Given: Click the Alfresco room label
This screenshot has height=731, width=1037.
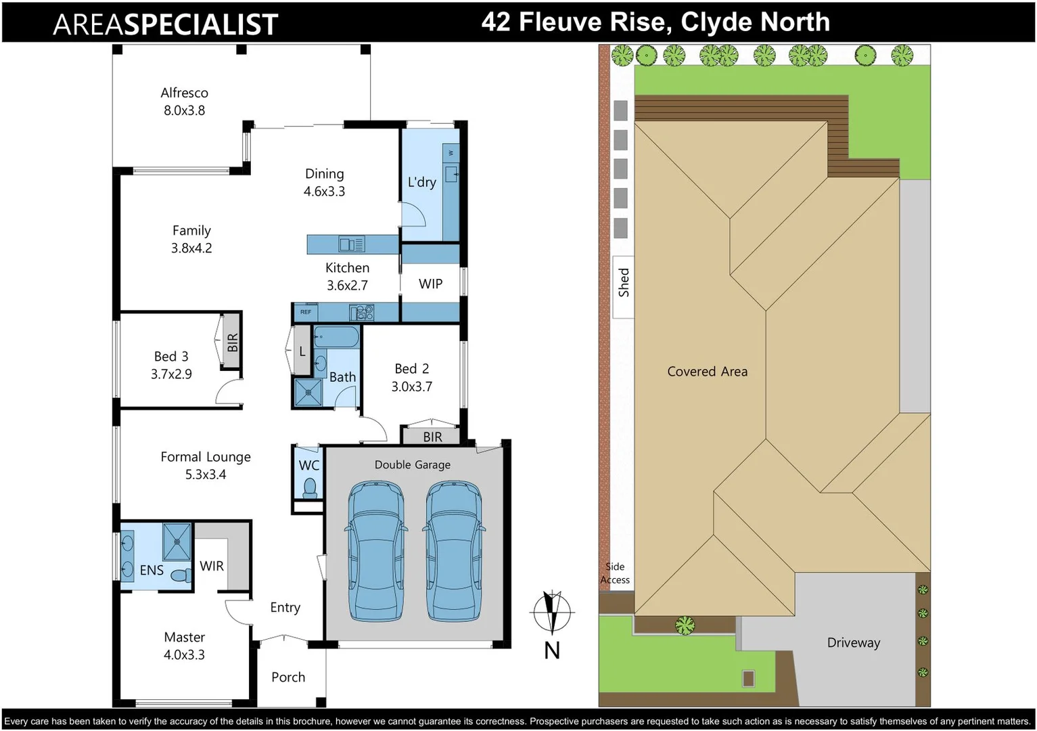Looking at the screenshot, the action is (x=184, y=93).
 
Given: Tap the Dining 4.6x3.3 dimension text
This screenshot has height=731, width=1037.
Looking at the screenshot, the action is (x=324, y=192).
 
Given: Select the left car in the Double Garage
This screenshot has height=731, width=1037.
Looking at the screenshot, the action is (x=375, y=552).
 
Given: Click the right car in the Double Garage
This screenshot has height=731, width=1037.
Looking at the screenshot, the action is (x=454, y=552).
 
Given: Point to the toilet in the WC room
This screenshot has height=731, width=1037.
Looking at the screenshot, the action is (x=310, y=488).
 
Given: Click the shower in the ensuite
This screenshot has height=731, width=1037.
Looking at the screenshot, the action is (x=177, y=541).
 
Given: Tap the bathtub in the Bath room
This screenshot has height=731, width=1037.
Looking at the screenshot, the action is (x=336, y=336).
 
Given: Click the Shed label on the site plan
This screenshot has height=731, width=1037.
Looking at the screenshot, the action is (x=623, y=283).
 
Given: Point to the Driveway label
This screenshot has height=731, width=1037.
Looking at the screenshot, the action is (x=854, y=643).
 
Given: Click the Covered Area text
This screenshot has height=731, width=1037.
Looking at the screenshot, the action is (x=707, y=372).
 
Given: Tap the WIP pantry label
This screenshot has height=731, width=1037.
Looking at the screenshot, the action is (x=430, y=284).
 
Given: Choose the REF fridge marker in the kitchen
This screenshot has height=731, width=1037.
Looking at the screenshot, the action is (x=306, y=312).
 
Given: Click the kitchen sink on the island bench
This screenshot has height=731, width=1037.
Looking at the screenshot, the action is (x=351, y=244).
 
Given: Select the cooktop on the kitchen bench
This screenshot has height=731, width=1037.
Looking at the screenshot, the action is (x=361, y=312).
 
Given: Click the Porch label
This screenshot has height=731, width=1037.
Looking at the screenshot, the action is (x=288, y=678).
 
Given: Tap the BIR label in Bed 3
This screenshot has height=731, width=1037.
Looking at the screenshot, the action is (x=233, y=342).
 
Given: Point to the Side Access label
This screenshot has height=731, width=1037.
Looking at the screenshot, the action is (x=615, y=573).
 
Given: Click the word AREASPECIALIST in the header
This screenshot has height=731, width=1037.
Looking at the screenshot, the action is (x=166, y=24).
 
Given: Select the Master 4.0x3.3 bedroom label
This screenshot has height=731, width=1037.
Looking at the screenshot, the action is (x=184, y=646).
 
